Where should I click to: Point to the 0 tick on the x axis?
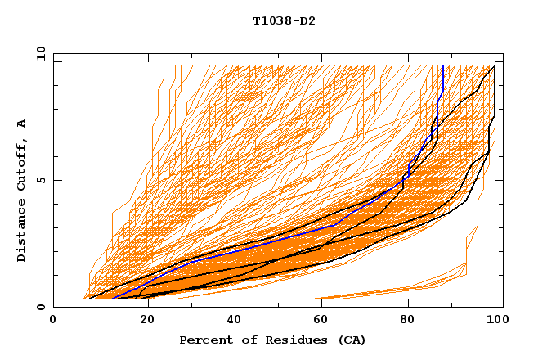[x=54, y=320]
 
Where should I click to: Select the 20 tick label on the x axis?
[x=142, y=320]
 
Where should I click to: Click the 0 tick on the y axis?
[x=41, y=308]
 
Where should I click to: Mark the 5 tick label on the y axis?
[x=41, y=180]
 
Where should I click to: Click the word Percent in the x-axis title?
[x=204, y=340]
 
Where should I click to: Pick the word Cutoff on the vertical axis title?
[x=21, y=166]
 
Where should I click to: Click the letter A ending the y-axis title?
[x=21, y=124]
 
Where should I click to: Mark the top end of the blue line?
[x=442, y=66]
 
